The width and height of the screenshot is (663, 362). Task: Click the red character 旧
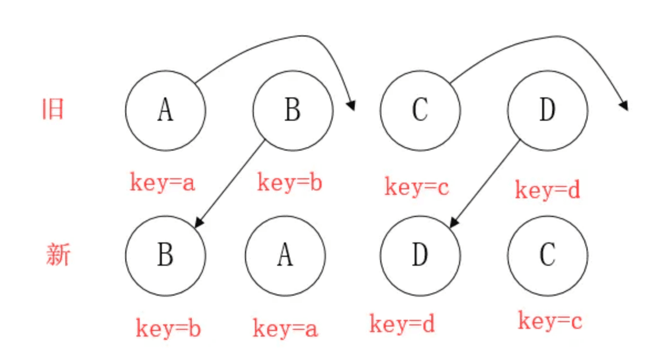pos(53,109)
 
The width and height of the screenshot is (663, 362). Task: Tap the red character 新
pos(58,254)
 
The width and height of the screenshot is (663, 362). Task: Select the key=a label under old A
pos(162,183)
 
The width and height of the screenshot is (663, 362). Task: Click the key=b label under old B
pos(289,183)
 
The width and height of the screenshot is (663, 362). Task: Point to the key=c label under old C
pos(417,187)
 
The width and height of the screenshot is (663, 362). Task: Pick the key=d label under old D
pos(548,189)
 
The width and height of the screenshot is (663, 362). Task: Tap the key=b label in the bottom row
pos(169,328)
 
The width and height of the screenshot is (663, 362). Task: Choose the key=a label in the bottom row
pos(285,328)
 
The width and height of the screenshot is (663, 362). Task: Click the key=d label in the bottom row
pos(402,324)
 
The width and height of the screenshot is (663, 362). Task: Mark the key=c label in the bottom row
pos(550,320)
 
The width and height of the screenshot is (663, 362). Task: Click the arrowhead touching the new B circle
pos(198,223)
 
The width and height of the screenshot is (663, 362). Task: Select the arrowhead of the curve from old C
pos(624,106)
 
